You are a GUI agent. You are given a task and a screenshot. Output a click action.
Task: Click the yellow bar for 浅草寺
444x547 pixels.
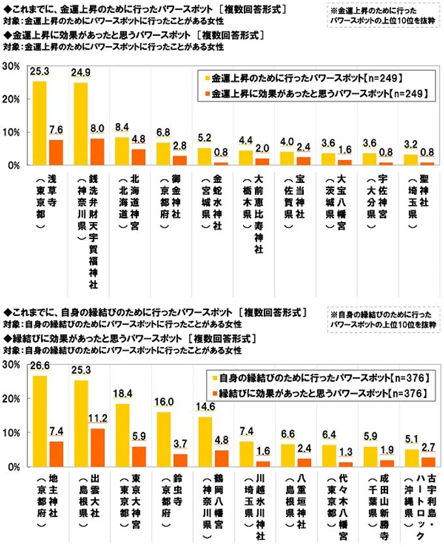39,123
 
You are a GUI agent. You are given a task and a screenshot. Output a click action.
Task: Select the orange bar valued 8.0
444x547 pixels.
97,152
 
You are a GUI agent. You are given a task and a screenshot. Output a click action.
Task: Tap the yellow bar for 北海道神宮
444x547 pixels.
122,151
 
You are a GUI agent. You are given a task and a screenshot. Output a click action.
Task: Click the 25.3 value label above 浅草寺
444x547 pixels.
40,75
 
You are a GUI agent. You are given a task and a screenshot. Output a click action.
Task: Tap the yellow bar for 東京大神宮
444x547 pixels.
122,435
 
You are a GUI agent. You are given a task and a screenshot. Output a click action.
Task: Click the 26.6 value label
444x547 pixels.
39,369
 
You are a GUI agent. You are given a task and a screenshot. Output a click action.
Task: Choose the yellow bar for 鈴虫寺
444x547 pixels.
163,440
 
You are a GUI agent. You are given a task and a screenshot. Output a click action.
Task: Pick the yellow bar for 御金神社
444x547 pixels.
163,154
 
